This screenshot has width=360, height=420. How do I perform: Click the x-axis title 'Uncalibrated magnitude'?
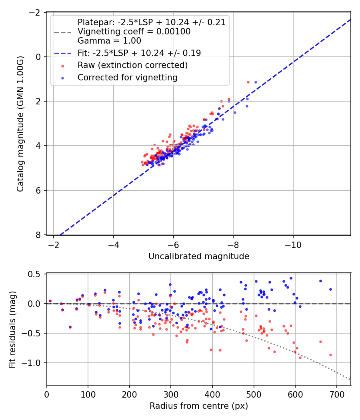pos(199,256)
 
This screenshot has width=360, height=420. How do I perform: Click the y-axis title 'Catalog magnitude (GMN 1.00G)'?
pos(20,124)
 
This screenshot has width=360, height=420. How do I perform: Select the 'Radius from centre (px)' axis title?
pos(199,406)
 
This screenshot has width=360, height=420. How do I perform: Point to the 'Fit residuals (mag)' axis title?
pos(12,330)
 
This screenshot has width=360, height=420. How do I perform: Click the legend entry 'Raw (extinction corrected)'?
pos(133,65)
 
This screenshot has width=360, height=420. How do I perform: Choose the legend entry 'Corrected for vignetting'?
pos(128,78)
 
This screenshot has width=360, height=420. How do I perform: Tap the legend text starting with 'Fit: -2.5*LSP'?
pos(139,53)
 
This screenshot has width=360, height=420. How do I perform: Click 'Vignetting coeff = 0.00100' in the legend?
pos(134,32)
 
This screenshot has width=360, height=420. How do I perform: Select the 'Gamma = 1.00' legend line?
pos(109,40)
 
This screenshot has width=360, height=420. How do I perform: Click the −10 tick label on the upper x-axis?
pos(293,245)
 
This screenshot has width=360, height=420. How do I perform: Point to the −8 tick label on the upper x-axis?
pos(233,245)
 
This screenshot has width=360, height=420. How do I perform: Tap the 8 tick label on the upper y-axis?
pos(38,235)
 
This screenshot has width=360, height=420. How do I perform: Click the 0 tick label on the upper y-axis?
pos(38,57)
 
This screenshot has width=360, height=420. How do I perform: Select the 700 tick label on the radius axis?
pos(336,394)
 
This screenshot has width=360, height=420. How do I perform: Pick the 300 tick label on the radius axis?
pos(171,394)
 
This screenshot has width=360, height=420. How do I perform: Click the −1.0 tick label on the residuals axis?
pos(34,363)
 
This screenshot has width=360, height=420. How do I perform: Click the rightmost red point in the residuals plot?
pos(330,355)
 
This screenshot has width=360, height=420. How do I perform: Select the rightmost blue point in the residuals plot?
pos(330,289)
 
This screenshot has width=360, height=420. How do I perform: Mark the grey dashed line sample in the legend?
pos(63,32)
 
